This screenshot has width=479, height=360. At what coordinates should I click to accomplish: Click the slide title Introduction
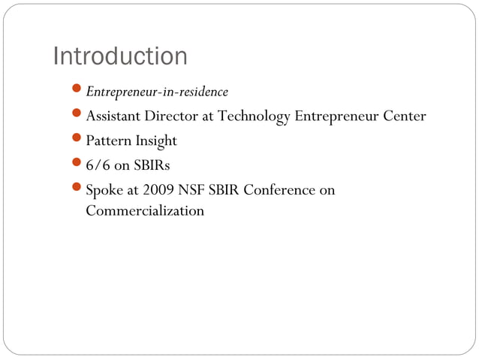[x=120, y=56]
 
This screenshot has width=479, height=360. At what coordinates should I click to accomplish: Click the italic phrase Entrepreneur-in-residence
[x=157, y=92]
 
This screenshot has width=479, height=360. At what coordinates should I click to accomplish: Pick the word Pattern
[x=107, y=141]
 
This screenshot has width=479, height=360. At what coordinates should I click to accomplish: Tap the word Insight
[x=155, y=141]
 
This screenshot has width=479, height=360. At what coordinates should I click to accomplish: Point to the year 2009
[x=155, y=189]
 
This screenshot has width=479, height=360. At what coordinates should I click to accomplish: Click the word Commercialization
[x=145, y=210]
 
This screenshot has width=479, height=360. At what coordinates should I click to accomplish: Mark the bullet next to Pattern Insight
[x=78, y=141]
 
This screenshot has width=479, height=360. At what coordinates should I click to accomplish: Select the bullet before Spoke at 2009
[x=78, y=189]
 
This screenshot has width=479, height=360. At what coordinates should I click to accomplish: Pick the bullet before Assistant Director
[x=78, y=116]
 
